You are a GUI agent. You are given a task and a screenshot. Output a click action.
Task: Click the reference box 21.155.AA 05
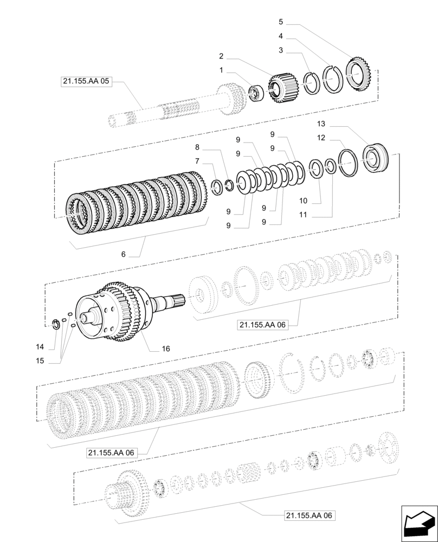(x=86, y=82)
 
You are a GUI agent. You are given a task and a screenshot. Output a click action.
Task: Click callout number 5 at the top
(x=281, y=22)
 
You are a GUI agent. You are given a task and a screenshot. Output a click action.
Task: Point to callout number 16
(x=166, y=349)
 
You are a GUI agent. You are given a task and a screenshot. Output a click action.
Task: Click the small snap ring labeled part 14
(x=55, y=325)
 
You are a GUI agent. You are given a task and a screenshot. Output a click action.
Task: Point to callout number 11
(x=303, y=215)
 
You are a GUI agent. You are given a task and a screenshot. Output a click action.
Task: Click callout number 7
(x=197, y=161)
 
